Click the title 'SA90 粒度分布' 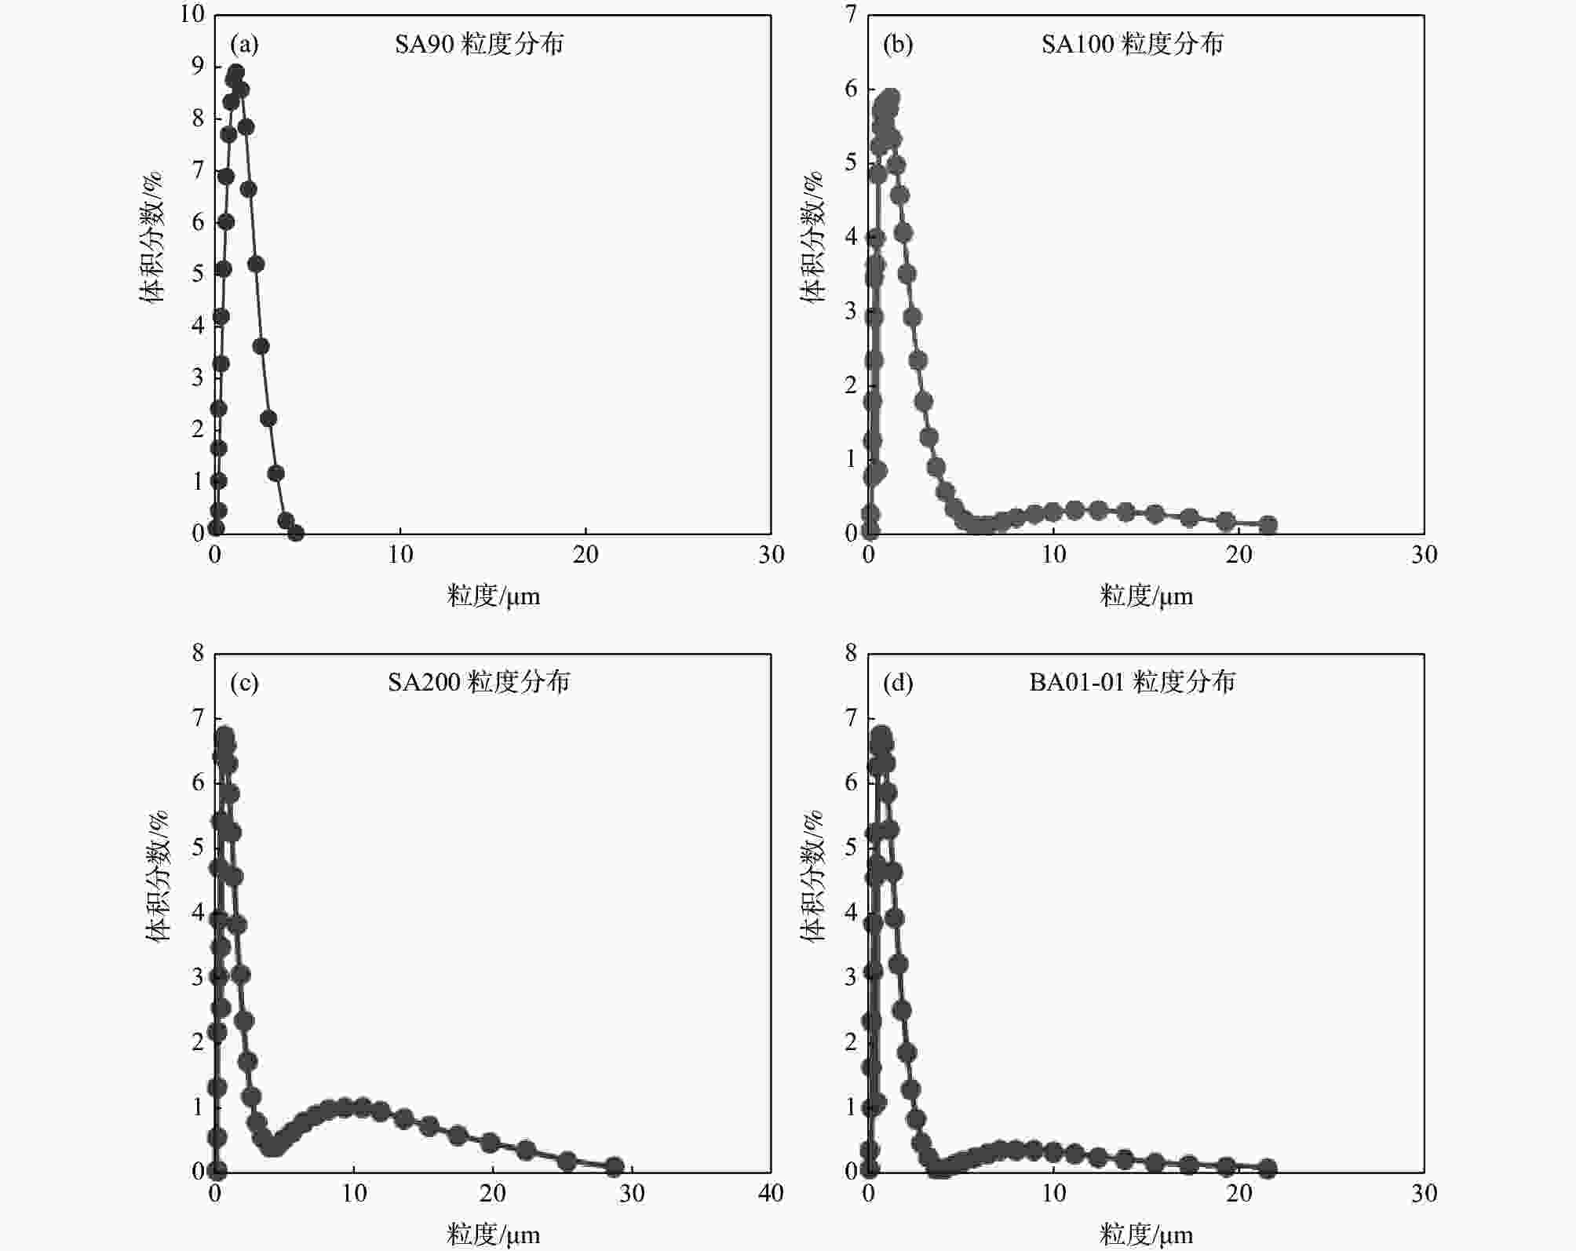coord(479,44)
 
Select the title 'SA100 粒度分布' coord(1132,44)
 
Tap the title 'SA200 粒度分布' coord(479,682)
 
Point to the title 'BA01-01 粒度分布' coord(1132,682)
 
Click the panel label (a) coord(244,45)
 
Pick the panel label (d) coord(898,683)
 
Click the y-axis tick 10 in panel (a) coord(192,14)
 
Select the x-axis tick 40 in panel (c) coord(771,1194)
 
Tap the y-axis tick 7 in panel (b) coord(851,14)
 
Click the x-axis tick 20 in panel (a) coord(586,555)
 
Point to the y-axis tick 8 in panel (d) coord(851,653)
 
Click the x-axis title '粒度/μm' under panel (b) coord(1146,596)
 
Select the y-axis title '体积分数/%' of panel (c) coord(157,876)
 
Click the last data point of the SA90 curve coord(295,533)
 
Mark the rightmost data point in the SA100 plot coord(1268,525)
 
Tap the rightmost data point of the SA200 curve coord(615,1167)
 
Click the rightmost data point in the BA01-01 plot coord(1268,1169)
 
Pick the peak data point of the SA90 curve coord(235,74)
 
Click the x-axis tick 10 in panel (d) coord(1053,1194)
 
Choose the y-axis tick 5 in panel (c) coord(198,848)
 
